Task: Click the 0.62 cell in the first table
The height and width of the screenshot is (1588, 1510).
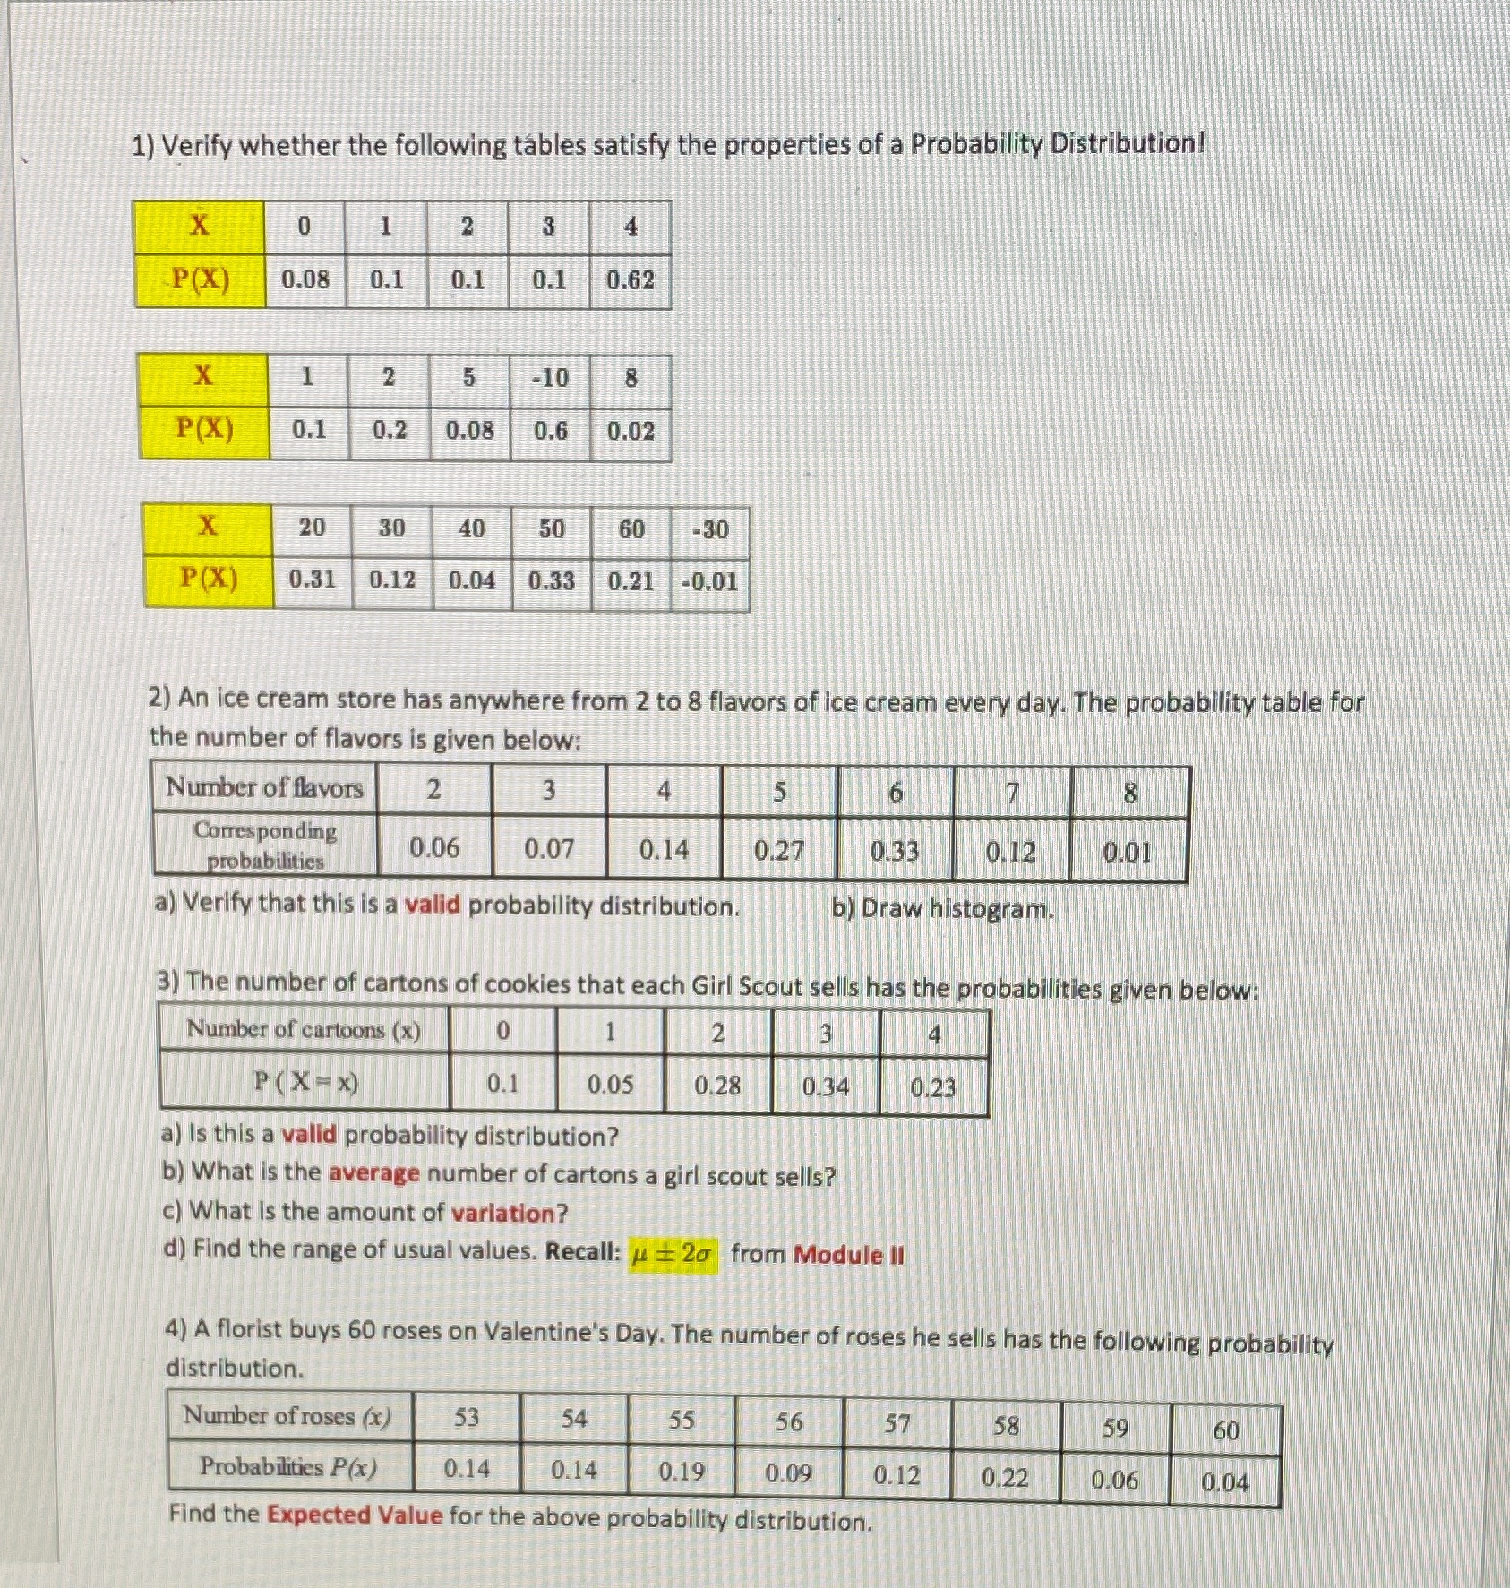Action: coord(631,280)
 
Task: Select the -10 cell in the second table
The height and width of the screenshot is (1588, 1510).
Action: coord(550,378)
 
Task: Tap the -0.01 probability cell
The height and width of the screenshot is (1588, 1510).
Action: coord(709,582)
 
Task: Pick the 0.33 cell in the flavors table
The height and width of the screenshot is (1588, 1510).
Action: coord(895,851)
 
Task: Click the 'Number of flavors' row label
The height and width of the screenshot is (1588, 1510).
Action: coord(264,788)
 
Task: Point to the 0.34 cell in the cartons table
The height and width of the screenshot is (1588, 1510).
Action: coord(825,1086)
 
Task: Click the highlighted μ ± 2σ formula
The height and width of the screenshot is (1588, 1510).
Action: coord(673,1254)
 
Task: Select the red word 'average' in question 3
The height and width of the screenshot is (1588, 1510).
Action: coord(373,1173)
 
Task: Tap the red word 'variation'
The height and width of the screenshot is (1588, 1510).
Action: coord(509,1214)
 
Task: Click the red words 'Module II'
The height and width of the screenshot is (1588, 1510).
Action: coord(849,1255)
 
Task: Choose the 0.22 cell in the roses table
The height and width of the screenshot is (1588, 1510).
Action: coord(1005,1477)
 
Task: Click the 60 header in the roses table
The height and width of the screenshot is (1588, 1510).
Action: coord(1225,1431)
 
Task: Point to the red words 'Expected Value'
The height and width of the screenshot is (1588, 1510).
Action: coord(355,1515)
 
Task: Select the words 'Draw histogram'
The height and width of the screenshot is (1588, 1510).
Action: coord(957,910)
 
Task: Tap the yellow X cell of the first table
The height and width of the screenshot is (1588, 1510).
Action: coord(200,226)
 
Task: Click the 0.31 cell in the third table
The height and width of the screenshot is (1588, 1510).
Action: coord(312,579)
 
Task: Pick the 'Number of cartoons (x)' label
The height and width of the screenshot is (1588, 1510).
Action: coord(303,1030)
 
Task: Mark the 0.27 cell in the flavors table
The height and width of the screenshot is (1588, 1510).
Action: coord(778,850)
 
